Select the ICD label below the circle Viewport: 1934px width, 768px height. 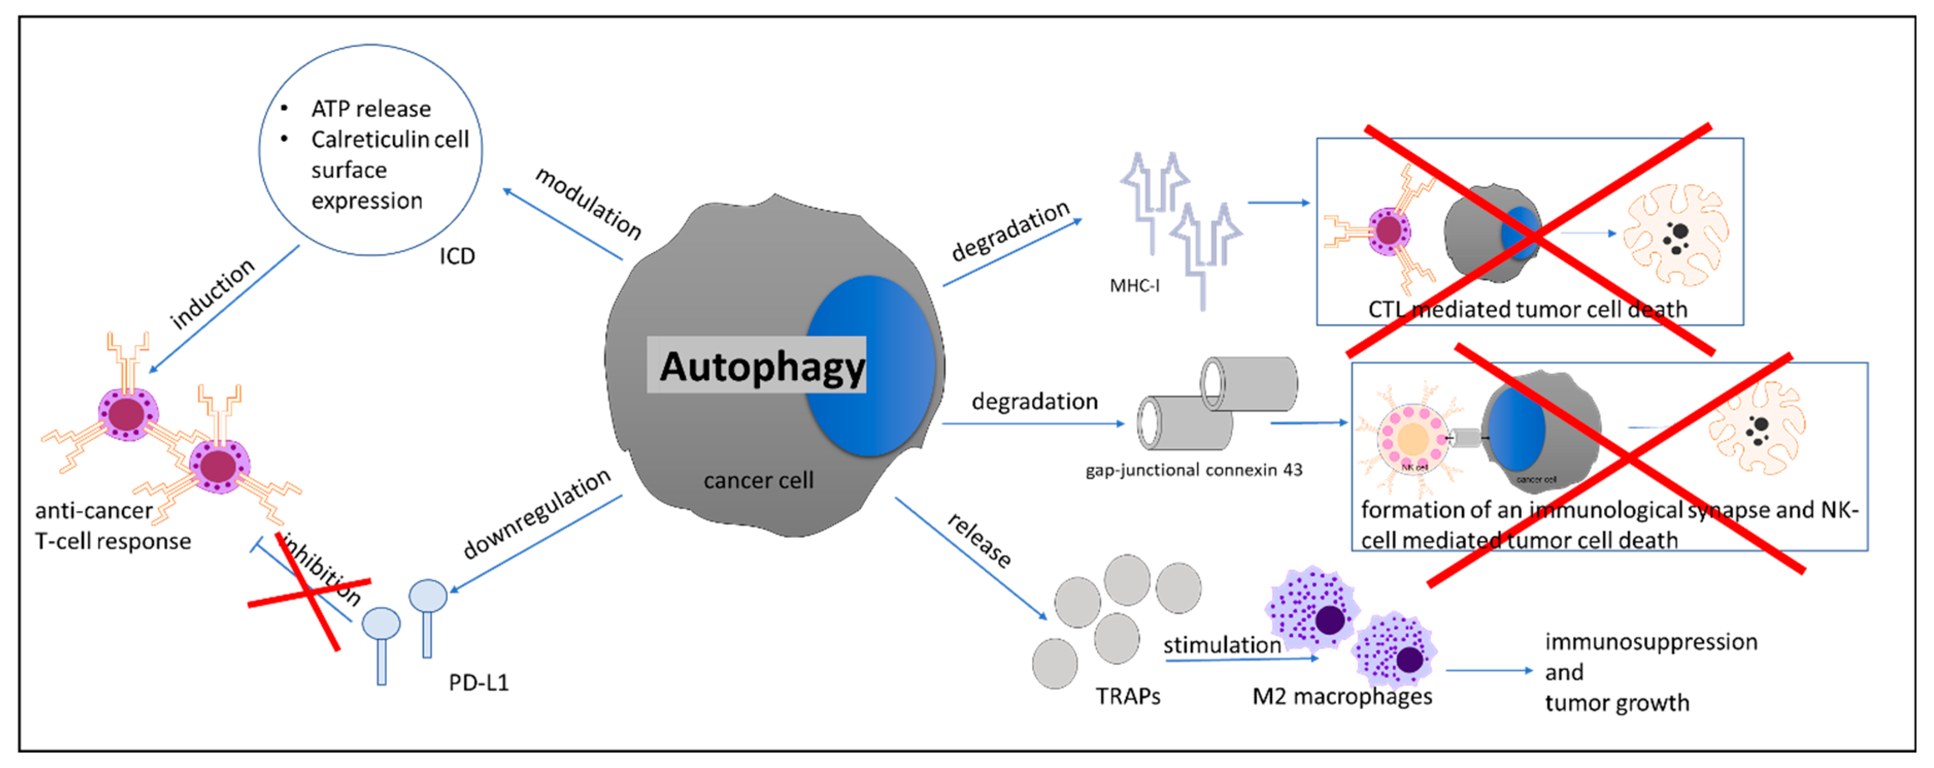457,256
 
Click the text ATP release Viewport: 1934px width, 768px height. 371,109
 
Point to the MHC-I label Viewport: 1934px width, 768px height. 1134,285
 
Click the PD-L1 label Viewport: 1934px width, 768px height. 478,682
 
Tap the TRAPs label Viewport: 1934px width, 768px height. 1127,696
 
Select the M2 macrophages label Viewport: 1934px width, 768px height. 1341,696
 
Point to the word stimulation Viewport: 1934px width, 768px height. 1221,645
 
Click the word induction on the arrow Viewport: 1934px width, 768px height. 212,293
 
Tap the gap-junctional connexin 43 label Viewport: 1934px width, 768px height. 1193,470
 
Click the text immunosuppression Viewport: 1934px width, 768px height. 1650,642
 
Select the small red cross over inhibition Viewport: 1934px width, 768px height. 309,592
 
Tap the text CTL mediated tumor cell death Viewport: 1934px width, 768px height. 1527,309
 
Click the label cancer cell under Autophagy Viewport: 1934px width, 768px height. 758,480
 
